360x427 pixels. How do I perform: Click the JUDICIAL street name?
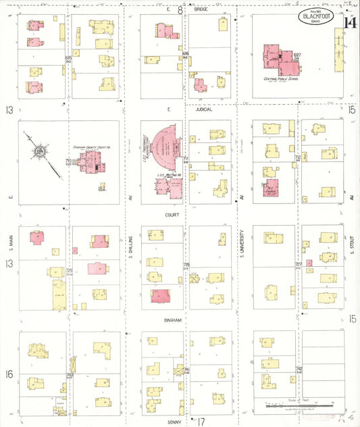click(203, 109)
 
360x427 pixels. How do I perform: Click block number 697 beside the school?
click(297, 55)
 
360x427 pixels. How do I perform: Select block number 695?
click(68, 58)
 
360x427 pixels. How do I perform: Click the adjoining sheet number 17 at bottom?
click(201, 421)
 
